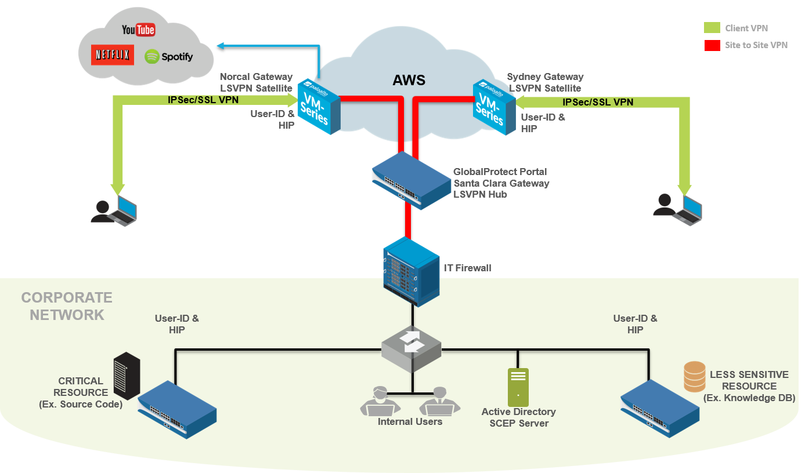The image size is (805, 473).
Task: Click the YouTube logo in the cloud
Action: [x=138, y=29]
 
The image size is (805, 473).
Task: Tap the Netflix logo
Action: [x=113, y=55]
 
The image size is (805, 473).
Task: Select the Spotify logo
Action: [x=168, y=56]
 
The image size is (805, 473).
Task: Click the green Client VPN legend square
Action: [x=712, y=28]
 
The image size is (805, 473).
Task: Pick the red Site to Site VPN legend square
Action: [x=712, y=45]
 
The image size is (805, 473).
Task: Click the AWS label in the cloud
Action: [x=409, y=80]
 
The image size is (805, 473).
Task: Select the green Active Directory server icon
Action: [x=518, y=387]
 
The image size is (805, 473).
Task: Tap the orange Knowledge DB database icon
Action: [x=694, y=376]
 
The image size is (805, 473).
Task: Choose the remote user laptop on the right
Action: [x=687, y=210]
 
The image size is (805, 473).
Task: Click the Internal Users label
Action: [x=410, y=421]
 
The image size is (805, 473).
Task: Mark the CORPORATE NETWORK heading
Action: [x=67, y=306]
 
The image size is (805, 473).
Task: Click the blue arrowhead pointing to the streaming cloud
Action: [x=219, y=45]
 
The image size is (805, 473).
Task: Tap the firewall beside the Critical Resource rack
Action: [x=176, y=409]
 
